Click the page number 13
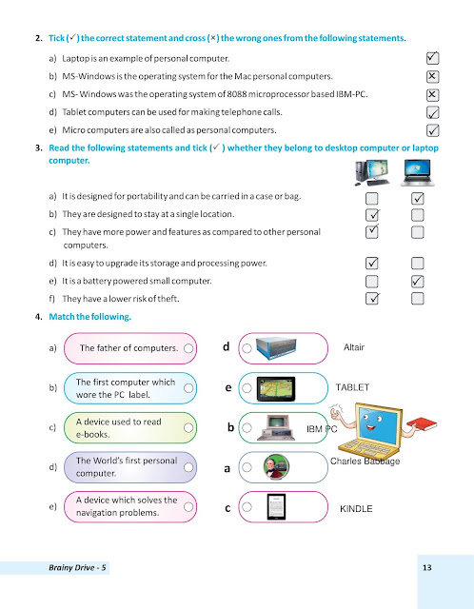click(426, 568)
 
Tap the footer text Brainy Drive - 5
click(80, 568)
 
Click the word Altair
click(353, 348)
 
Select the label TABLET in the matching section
click(352, 388)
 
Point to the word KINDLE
click(355, 509)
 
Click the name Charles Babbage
click(365, 462)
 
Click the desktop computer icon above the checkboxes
click(371, 172)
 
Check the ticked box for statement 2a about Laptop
click(433, 58)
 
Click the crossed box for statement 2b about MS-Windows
click(433, 76)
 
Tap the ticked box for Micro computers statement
click(433, 130)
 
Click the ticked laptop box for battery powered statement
click(417, 281)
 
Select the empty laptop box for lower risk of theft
click(417, 299)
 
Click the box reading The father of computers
click(129, 348)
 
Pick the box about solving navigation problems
click(129, 506)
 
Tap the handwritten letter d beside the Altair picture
click(226, 347)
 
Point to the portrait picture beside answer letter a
click(275, 468)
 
